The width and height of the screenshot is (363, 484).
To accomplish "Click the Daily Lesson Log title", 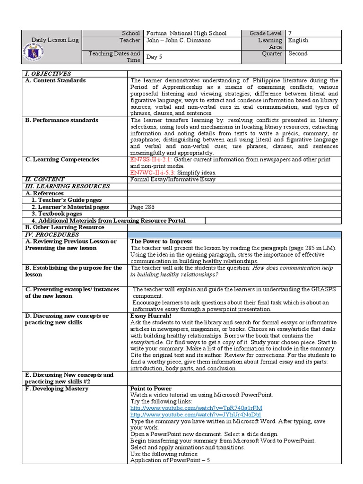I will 55,40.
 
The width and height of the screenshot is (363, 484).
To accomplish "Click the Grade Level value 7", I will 290,34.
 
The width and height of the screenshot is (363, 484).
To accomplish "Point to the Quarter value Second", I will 298,53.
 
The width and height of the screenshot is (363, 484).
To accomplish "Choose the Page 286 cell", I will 142,207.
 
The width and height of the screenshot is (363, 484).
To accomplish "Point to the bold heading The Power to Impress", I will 161,242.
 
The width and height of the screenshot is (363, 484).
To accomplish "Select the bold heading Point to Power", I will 151,389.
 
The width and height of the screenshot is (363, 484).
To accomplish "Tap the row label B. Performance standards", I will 61,120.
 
